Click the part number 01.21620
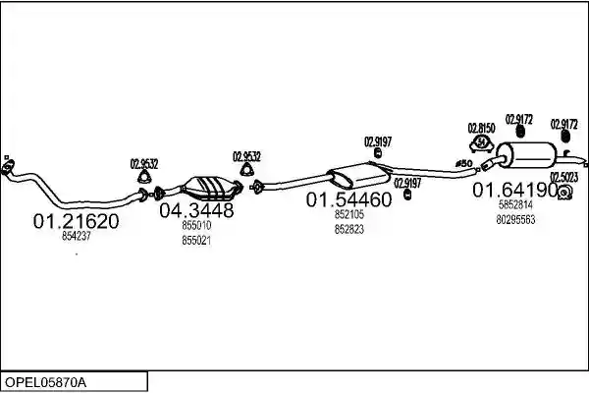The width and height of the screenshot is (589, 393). [76, 221]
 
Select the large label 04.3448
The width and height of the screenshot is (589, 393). [196, 210]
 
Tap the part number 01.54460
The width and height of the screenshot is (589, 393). [348, 199]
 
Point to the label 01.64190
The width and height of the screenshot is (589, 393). [515, 190]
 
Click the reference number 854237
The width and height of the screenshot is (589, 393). [77, 236]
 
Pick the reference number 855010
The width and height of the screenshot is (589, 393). [196, 225]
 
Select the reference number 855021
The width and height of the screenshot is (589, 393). [196, 241]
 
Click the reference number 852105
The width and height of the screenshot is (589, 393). [349, 214]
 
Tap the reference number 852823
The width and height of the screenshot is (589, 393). [349, 229]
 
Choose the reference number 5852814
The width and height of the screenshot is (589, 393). [515, 205]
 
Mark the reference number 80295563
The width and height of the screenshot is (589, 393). [515, 220]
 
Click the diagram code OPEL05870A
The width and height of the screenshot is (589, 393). [45, 383]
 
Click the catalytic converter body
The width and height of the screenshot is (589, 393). [210, 188]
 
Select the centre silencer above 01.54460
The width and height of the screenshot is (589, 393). [358, 176]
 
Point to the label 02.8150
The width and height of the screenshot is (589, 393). [481, 129]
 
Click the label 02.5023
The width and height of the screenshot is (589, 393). [563, 177]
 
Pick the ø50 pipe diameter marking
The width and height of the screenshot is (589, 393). [463, 164]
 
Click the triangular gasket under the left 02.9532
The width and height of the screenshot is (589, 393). [144, 177]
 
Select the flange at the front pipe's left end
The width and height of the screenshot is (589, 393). [8, 167]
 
